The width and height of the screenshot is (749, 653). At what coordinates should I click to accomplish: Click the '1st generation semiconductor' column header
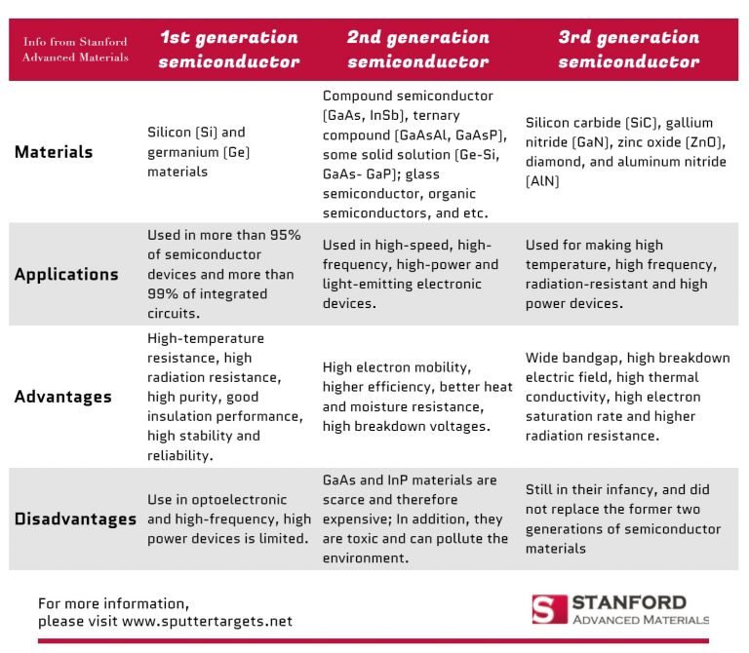pos(228,49)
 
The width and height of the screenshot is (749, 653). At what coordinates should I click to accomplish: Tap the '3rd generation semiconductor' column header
pos(628,49)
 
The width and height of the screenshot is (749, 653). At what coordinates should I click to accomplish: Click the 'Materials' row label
pos(54,152)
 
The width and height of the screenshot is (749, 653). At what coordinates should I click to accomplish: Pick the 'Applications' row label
pos(66,274)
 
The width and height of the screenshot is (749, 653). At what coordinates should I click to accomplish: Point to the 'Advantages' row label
pos(62,397)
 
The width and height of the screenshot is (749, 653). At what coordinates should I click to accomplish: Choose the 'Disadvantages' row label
pos(75,519)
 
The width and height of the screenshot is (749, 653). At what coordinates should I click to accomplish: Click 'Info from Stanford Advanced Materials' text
pos(75,49)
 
